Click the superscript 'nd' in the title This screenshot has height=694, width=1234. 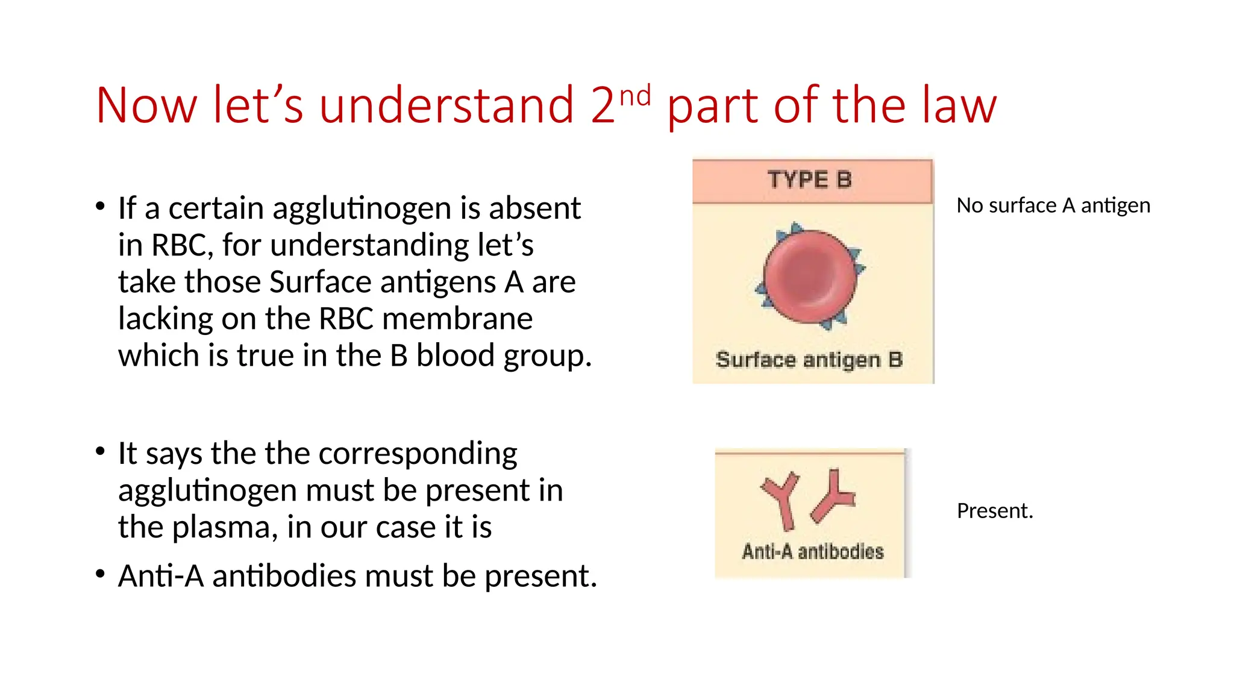(x=635, y=96)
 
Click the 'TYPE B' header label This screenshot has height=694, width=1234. (x=809, y=180)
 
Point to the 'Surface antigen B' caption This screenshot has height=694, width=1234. (x=809, y=360)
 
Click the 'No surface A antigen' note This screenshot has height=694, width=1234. (x=1053, y=206)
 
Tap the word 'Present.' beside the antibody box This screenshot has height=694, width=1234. (x=995, y=511)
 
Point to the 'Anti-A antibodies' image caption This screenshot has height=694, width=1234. (x=813, y=551)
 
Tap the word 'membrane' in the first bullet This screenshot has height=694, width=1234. (x=457, y=319)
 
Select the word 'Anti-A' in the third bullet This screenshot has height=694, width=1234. (x=161, y=576)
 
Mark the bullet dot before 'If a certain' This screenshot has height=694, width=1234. (x=101, y=207)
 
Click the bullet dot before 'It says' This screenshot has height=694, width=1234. (x=101, y=452)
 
